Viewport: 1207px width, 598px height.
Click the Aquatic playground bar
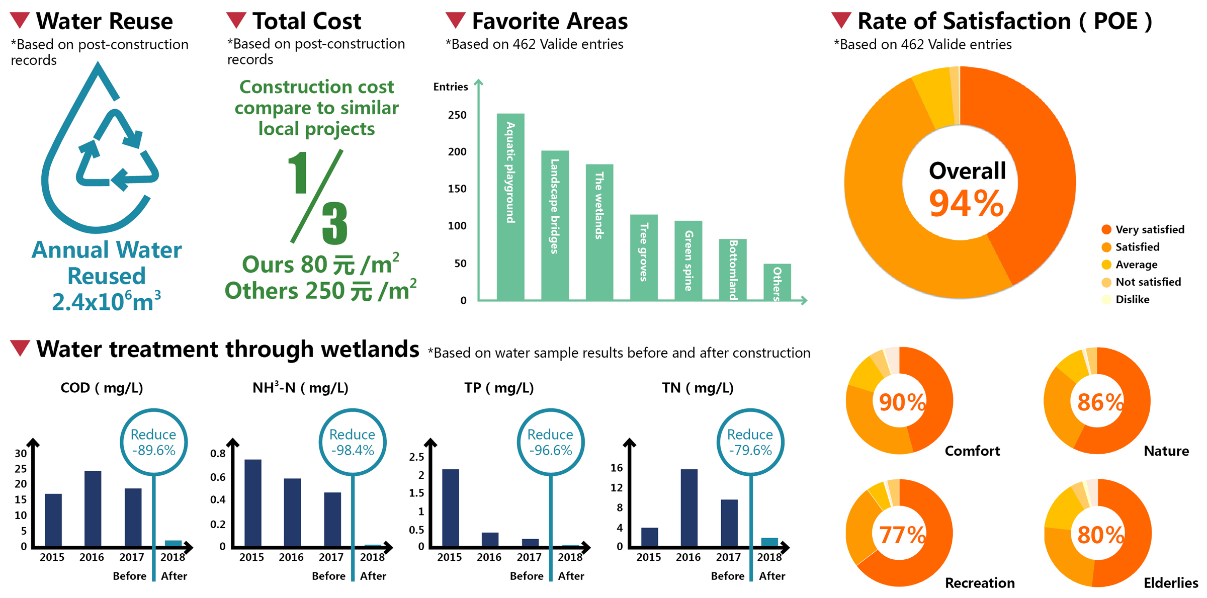(510, 207)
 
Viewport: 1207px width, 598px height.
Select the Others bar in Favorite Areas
(777, 282)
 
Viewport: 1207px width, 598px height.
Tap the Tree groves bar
(644, 258)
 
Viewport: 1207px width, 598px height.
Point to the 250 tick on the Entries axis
(457, 115)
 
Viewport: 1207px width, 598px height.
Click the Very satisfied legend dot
(1106, 230)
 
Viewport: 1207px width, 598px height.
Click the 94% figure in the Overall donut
(966, 204)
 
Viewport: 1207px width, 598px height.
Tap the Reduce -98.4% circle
(353, 442)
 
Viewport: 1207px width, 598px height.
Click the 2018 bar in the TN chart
(769, 542)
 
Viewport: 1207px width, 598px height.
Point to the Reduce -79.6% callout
(750, 442)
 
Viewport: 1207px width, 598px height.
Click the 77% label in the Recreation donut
(902, 535)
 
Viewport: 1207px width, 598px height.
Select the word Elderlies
(1170, 583)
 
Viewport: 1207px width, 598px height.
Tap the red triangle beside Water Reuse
(20, 21)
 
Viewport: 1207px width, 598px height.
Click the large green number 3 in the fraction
(335, 223)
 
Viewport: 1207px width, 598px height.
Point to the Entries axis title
(451, 87)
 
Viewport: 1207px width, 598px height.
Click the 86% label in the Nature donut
(1100, 402)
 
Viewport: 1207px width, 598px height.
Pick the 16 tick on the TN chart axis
(617, 468)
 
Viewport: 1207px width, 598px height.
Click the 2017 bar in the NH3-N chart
(332, 519)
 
